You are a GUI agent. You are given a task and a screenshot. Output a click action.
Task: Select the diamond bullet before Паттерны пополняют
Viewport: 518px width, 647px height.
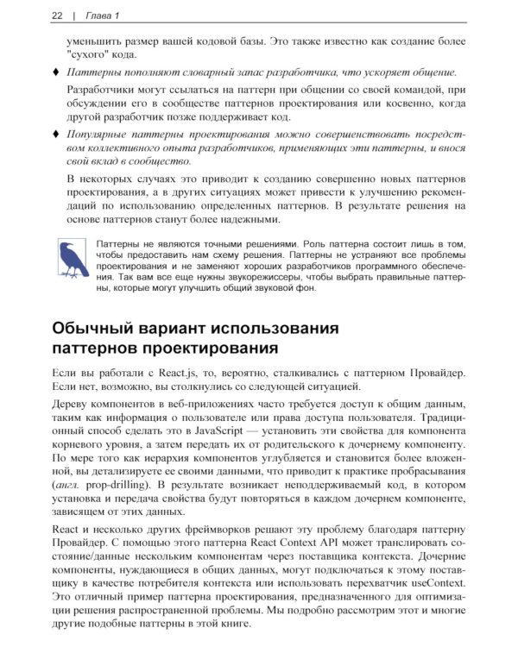tap(56, 72)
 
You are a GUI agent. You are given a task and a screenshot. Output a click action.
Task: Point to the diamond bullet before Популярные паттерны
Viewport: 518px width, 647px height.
tap(56, 134)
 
